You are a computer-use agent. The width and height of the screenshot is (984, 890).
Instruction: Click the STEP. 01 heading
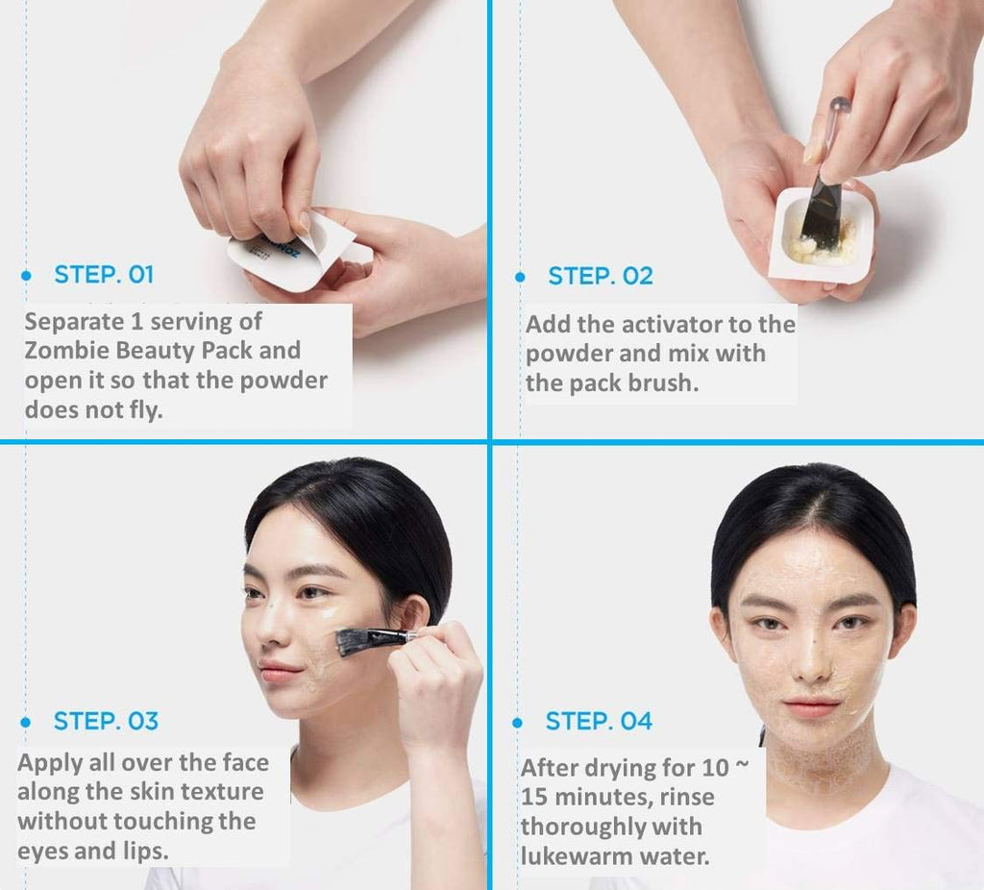[104, 275]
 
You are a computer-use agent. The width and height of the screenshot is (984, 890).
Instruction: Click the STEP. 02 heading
[600, 276]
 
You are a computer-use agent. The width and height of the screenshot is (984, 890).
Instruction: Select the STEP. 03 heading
[106, 721]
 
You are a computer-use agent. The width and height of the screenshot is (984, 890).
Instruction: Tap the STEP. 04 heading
[599, 721]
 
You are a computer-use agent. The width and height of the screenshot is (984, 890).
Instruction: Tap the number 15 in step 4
[534, 797]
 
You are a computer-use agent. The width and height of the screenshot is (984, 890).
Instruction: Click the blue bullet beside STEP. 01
[26, 275]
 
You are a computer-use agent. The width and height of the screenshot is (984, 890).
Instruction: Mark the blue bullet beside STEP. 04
[518, 723]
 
